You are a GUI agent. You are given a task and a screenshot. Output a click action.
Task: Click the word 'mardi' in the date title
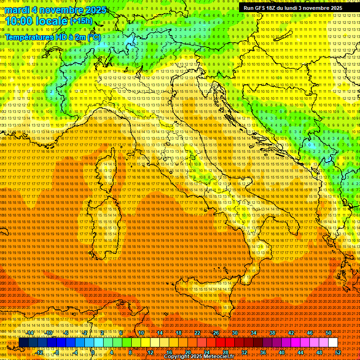[17, 10]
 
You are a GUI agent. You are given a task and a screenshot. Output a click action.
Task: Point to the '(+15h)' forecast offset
[81, 21]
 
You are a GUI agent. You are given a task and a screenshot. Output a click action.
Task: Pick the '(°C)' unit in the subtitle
[93, 37]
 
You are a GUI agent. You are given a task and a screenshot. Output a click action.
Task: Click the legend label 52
[338, 352]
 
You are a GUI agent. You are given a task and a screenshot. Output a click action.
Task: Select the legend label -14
[30, 332]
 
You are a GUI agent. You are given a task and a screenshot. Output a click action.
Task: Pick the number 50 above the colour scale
[329, 332]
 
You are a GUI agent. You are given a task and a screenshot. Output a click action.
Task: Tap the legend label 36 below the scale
[263, 352]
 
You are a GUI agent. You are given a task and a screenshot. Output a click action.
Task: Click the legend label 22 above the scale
[197, 332]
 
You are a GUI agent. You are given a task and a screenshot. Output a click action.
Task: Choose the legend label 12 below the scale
[150, 352]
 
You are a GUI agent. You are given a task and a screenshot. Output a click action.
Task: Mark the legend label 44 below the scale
[300, 352]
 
